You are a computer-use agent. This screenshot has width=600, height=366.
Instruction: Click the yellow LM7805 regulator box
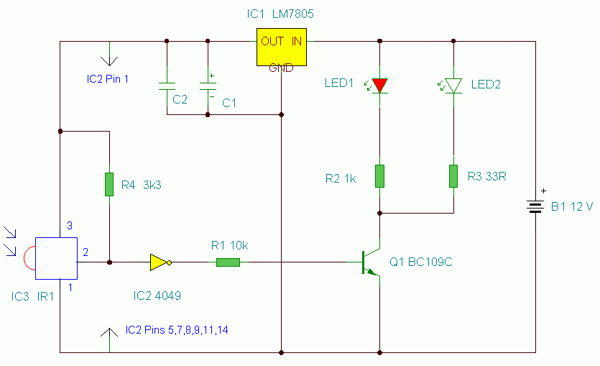click(x=281, y=47)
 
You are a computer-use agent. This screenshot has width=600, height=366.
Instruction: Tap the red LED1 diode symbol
click(x=379, y=86)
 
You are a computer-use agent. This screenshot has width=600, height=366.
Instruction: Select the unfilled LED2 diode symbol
click(x=453, y=86)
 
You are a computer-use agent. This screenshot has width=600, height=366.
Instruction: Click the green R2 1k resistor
click(x=379, y=176)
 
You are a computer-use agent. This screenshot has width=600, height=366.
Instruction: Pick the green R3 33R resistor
click(x=453, y=176)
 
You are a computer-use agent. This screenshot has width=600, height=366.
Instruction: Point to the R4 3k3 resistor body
click(x=109, y=184)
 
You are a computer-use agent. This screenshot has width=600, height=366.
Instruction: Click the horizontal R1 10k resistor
click(x=228, y=262)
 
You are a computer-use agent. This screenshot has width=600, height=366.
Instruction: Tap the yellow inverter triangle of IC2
click(x=160, y=262)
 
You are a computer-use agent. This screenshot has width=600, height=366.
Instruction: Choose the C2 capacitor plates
click(x=167, y=86)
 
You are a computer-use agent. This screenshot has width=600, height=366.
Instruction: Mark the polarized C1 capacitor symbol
click(x=208, y=86)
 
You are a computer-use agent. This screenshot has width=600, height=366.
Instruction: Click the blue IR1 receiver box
click(x=56, y=258)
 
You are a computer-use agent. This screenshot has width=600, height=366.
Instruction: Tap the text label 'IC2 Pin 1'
click(x=108, y=79)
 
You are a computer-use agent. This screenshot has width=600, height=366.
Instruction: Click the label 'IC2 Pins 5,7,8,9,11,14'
click(x=177, y=330)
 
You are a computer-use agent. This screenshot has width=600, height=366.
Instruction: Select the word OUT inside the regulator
click(x=272, y=41)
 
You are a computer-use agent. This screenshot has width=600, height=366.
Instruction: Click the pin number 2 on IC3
click(x=86, y=252)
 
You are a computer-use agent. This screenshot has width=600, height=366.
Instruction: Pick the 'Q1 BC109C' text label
click(x=421, y=262)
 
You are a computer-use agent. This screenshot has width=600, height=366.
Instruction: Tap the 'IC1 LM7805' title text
click(x=280, y=14)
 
